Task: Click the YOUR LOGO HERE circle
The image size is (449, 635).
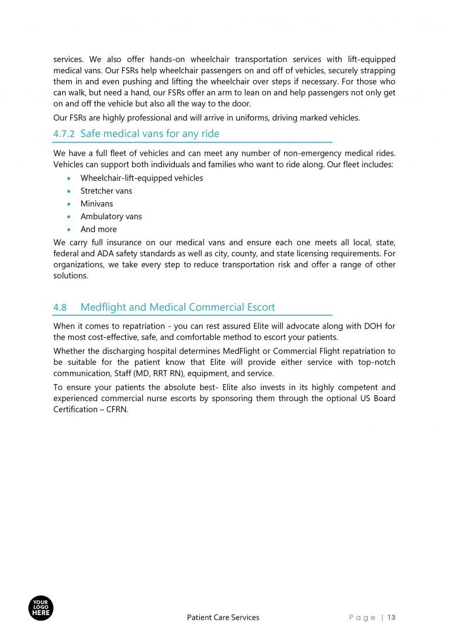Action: (41, 608)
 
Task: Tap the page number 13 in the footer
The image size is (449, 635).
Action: (391, 617)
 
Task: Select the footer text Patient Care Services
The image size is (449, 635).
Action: (223, 617)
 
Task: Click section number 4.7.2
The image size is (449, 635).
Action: (64, 134)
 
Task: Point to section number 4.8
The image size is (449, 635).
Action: (60, 308)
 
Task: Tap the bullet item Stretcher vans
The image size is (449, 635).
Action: (106, 191)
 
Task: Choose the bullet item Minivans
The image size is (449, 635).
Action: (96, 204)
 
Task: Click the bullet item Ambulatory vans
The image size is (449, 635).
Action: (111, 217)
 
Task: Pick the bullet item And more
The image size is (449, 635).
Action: (98, 230)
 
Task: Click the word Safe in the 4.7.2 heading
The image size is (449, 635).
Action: (91, 134)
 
